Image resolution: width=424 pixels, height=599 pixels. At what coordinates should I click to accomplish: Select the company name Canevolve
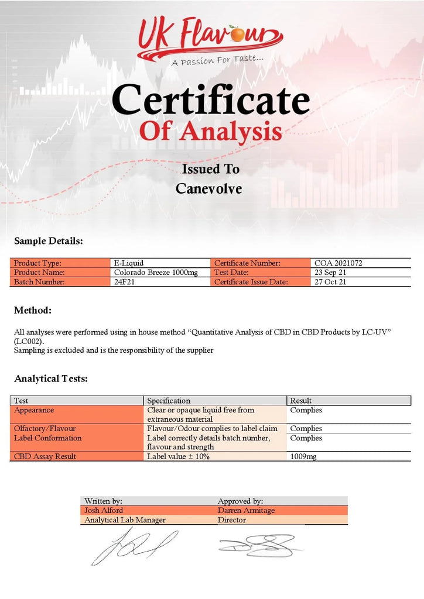click(208, 189)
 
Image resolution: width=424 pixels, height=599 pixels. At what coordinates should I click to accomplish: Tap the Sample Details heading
click(49, 241)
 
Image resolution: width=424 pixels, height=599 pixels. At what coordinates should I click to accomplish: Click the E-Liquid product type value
click(128, 263)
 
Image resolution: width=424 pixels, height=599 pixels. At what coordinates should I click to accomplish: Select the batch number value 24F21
click(123, 282)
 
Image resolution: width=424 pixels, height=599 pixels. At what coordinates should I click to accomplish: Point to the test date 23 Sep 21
click(331, 273)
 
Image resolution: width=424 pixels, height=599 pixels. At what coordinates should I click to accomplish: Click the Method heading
click(33, 310)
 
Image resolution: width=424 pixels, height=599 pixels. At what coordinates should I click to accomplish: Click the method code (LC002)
click(29, 340)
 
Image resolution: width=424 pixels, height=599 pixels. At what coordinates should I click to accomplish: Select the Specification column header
click(169, 401)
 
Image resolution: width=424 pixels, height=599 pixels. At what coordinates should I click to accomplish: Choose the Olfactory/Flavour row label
click(45, 429)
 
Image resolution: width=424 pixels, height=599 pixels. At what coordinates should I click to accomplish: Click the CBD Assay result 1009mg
click(303, 456)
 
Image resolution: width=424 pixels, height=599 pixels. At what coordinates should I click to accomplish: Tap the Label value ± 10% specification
click(178, 456)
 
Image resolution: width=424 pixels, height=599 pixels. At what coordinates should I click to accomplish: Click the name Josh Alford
click(104, 510)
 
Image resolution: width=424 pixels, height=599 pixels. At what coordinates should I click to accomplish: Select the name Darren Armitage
click(246, 510)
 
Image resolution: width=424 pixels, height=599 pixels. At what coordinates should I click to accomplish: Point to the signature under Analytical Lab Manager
click(134, 547)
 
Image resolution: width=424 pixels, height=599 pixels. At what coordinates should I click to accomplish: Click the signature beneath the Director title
click(258, 545)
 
